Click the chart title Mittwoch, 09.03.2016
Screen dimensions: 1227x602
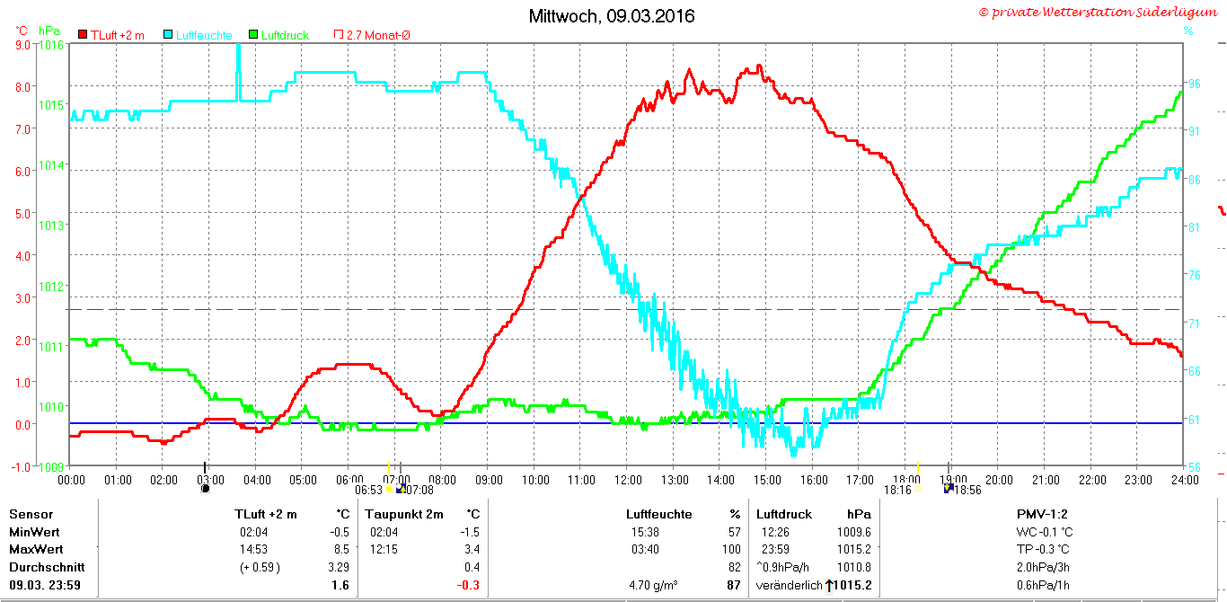pyautogui.click(x=612, y=16)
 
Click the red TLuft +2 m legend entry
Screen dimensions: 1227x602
pyautogui.click(x=111, y=35)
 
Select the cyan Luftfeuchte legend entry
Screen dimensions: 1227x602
pyautogui.click(x=198, y=35)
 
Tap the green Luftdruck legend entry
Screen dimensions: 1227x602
pyautogui.click(x=278, y=35)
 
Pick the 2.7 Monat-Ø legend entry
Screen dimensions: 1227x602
pyautogui.click(x=372, y=35)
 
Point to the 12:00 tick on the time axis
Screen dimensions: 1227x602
pyautogui.click(x=628, y=480)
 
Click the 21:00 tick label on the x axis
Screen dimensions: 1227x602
pyautogui.click(x=1046, y=480)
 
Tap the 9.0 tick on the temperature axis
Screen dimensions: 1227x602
pyautogui.click(x=22, y=45)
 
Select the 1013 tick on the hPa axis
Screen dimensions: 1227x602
pyautogui.click(x=51, y=226)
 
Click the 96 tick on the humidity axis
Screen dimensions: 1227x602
pyautogui.click(x=1194, y=84)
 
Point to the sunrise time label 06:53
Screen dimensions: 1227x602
pyautogui.click(x=368, y=490)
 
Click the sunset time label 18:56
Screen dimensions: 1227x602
pyautogui.click(x=967, y=490)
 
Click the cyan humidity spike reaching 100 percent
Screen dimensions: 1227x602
pyautogui.click(x=238, y=71)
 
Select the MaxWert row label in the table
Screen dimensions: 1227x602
pyautogui.click(x=36, y=549)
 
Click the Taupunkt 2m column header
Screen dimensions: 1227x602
pyautogui.click(x=404, y=514)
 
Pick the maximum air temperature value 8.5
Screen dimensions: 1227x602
pyautogui.click(x=341, y=549)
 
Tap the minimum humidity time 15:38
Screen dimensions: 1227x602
pyautogui.click(x=645, y=532)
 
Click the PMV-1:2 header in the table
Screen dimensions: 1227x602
pyautogui.click(x=1042, y=514)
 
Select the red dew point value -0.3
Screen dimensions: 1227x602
pyautogui.click(x=468, y=585)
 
